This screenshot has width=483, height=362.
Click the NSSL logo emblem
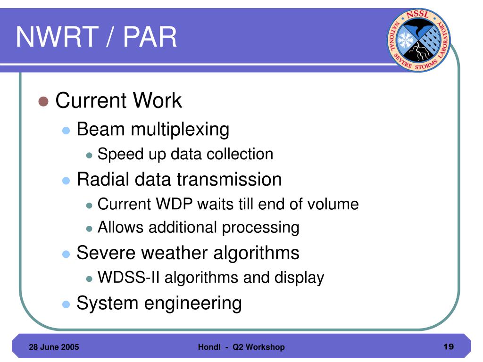pyautogui.click(x=419, y=40)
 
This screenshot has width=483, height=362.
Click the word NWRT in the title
pyautogui.click(x=57, y=37)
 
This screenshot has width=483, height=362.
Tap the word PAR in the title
pyautogui.click(x=150, y=37)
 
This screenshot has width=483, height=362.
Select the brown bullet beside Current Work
pyautogui.click(x=43, y=101)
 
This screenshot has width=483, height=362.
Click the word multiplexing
pyautogui.click(x=180, y=130)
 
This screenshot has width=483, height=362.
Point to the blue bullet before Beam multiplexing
pyautogui.click(x=66, y=131)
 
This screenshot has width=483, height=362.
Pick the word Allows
pyautogui.click(x=120, y=227)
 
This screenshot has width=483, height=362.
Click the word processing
pyautogui.click(x=260, y=228)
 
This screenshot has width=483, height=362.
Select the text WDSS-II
pyautogui.click(x=128, y=277)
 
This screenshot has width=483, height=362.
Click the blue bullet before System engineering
pyautogui.click(x=66, y=304)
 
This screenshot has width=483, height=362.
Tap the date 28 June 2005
pyautogui.click(x=54, y=347)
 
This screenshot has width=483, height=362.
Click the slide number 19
pyautogui.click(x=449, y=346)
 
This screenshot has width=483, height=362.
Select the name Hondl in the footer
pyautogui.click(x=209, y=347)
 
